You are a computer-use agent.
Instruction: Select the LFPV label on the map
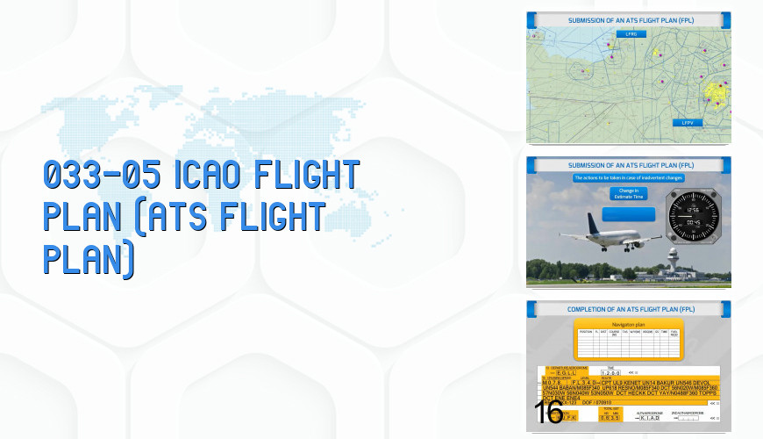688,123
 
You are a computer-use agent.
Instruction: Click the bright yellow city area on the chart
716,92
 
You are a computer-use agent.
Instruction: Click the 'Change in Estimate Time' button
628,192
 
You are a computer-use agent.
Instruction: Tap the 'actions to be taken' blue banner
628,178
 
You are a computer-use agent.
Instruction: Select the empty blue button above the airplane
628,213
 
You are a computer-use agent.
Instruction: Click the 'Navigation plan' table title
628,325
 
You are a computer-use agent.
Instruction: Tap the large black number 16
548,414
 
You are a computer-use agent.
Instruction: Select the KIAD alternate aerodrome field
649,418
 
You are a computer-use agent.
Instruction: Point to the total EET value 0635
608,418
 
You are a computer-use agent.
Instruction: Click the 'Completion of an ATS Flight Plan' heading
628,309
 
